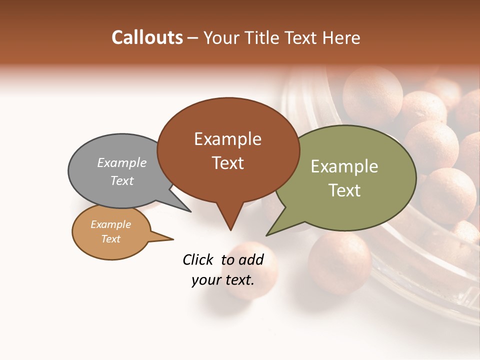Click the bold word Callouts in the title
tap(147, 37)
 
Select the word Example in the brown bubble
tap(227, 139)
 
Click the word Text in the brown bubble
tap(227, 163)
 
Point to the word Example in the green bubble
tap(344, 166)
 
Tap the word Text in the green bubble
tap(344, 190)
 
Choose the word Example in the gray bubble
tap(122, 163)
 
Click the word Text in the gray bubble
tap(122, 180)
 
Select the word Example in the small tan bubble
tap(111, 224)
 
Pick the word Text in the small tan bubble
tap(111, 239)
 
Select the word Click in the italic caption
tap(198, 259)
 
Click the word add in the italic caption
tap(251, 259)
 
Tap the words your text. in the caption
tap(222, 280)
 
